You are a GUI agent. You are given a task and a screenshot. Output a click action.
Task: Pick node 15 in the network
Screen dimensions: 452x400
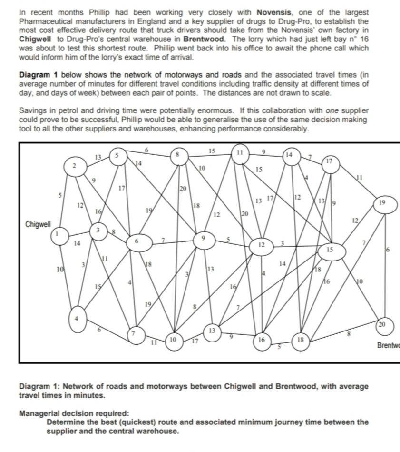[330, 250]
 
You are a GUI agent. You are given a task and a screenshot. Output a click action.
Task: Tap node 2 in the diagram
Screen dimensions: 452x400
[74, 166]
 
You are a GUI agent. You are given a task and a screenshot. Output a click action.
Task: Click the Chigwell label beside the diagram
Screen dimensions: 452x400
[38, 224]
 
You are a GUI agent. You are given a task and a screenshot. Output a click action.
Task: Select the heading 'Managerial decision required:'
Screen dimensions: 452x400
[74, 413]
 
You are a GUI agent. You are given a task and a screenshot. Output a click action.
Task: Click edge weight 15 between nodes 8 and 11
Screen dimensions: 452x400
[212, 151]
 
